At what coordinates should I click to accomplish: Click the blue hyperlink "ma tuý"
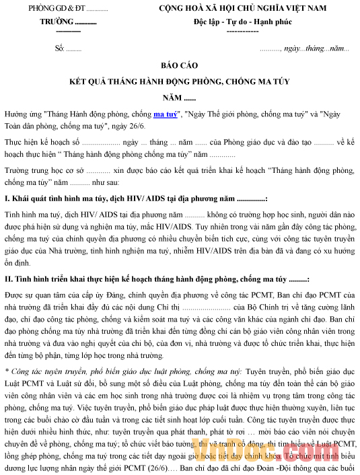click(165, 114)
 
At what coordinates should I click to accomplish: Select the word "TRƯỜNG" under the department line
click(57, 22)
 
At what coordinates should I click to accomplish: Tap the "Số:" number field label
click(59, 49)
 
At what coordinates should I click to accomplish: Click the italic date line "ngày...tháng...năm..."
click(316, 49)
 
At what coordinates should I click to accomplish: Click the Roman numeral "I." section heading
click(7, 199)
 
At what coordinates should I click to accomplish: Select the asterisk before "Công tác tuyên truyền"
click(6, 371)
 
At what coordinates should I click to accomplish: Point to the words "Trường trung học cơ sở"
click(44, 171)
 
